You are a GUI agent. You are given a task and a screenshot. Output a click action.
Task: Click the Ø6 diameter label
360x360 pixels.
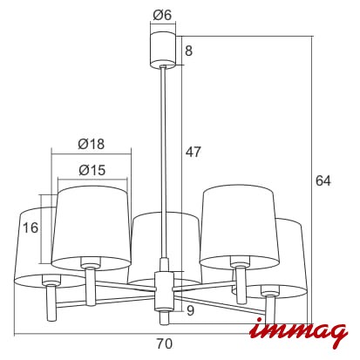point(162,15)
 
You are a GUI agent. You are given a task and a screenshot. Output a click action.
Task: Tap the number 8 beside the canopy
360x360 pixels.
point(188,51)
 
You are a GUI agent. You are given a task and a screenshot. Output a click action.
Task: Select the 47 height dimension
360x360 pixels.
point(194,152)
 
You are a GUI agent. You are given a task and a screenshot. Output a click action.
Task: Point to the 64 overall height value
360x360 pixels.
point(323,180)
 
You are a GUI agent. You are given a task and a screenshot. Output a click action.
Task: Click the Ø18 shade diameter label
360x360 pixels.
point(91,144)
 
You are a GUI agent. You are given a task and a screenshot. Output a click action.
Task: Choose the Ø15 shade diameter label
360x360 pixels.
point(92,170)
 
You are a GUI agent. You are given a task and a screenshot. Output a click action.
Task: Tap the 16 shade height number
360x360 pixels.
point(31,228)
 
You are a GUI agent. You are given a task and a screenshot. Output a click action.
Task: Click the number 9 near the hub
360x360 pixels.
point(190,310)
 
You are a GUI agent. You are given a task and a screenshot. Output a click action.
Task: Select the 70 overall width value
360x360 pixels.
point(165,344)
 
